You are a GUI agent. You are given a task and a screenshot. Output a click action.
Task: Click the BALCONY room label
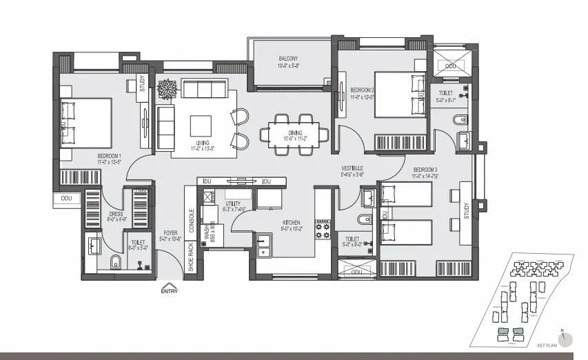point(288,58)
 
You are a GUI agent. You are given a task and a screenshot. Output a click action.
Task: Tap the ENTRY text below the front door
point(170,291)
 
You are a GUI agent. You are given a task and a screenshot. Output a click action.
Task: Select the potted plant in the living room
point(167,89)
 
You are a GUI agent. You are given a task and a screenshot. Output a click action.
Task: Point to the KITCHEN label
point(291,223)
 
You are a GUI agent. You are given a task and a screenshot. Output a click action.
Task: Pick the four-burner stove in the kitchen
point(323,230)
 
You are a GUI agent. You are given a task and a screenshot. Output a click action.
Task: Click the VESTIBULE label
point(352,169)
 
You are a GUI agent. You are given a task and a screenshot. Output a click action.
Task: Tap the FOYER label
point(170,233)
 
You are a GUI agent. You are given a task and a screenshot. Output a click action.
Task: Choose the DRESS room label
point(115,214)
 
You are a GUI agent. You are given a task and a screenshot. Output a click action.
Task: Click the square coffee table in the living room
point(201,125)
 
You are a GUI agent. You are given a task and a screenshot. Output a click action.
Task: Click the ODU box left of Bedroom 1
point(67,199)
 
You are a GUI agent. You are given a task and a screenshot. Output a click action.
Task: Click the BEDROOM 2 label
point(362,90)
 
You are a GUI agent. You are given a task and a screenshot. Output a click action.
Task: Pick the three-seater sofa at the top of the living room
point(203,89)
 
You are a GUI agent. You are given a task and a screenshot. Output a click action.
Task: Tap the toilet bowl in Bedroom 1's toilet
point(116,262)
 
